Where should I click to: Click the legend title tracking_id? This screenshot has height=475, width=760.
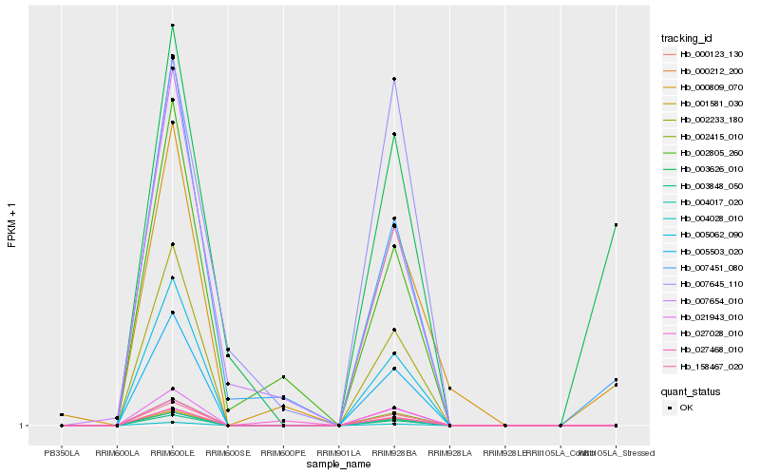coord(687,38)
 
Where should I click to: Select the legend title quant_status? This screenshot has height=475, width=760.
coord(691,390)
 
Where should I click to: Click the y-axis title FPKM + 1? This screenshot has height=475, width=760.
coord(11,225)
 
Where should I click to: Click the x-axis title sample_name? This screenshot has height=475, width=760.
coord(338,465)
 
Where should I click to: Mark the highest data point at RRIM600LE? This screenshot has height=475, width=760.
coord(172,25)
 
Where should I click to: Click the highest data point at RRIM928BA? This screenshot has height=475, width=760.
coord(394,79)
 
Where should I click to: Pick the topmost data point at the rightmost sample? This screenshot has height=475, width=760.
coord(617,225)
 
